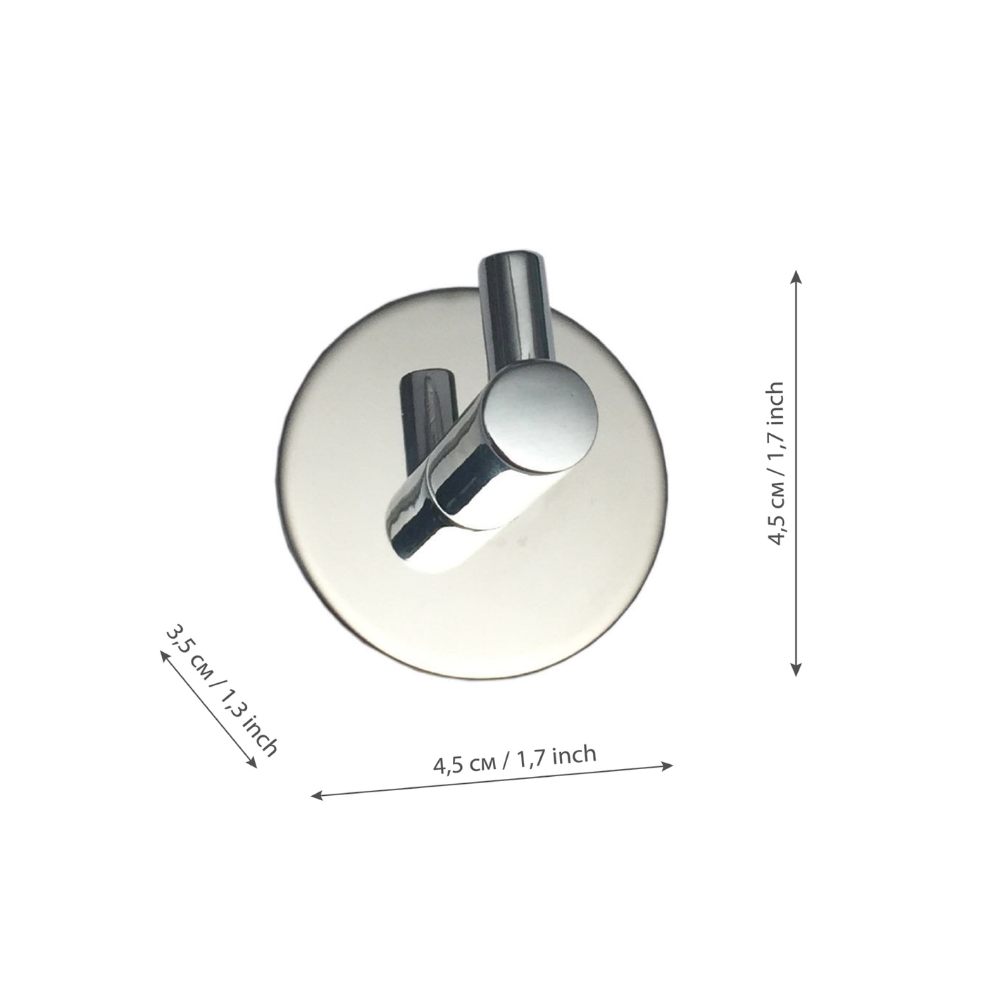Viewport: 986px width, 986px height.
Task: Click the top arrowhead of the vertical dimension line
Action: [x=795, y=277]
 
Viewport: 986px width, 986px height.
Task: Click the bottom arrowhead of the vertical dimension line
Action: [x=795, y=669]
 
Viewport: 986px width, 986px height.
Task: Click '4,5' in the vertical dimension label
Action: [x=776, y=530]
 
